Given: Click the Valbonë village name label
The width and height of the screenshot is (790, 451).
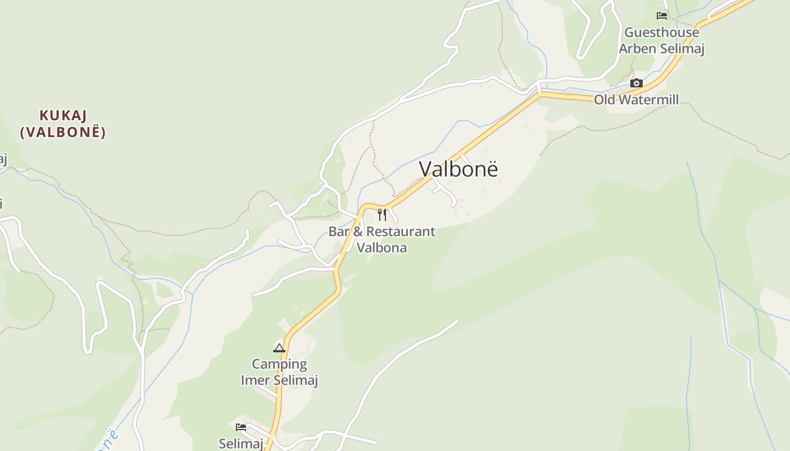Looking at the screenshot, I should (x=459, y=169).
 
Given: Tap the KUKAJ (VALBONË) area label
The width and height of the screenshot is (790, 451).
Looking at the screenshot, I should (x=63, y=123).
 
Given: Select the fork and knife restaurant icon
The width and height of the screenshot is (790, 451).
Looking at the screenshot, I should (x=382, y=215).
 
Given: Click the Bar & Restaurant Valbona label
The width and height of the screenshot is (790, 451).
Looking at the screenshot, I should (x=382, y=240).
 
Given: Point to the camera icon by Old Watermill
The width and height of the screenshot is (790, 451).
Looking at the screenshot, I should (x=637, y=83).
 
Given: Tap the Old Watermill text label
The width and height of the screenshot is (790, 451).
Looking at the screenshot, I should (x=636, y=100).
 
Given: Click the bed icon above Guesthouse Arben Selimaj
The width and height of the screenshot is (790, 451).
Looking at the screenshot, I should (x=662, y=16).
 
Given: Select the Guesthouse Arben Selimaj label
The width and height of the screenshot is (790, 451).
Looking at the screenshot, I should (x=661, y=41).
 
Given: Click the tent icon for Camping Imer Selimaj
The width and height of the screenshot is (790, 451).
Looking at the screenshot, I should (x=279, y=348).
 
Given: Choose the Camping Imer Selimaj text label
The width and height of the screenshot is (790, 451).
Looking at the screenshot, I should (x=279, y=372).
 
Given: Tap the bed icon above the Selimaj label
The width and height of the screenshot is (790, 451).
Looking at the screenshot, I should (x=241, y=427).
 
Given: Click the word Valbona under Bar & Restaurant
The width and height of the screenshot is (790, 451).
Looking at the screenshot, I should (x=382, y=247).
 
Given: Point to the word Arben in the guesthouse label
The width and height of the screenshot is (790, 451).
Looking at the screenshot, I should (x=637, y=48).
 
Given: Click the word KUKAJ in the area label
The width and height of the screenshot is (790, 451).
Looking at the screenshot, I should (x=63, y=116).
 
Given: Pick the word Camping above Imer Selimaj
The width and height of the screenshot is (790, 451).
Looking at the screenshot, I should (x=279, y=364).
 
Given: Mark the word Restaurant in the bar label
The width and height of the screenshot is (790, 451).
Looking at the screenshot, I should (x=401, y=231).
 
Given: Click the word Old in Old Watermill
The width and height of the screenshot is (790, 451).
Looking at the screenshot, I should (x=603, y=100).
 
